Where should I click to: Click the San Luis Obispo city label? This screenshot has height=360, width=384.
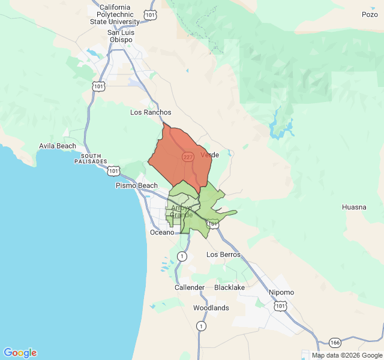coord(121,36)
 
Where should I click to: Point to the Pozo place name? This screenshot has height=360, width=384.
coord(370,14)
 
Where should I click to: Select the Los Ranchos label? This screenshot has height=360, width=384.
coord(151,112)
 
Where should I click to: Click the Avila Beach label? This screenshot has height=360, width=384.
coord(58,146)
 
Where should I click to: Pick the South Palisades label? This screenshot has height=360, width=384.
coord(91,159)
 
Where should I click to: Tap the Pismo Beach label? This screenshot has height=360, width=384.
coord(136,185)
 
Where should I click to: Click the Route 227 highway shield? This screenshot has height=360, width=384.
coord(188,157)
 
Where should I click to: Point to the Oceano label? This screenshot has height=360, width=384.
coord(161,232)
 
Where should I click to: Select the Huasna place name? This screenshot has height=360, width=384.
coord(353,207)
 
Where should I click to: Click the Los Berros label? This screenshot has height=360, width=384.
coord(223,254)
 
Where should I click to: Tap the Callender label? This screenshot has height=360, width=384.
coord(190,287)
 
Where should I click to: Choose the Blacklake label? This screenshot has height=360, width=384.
coord(229,287)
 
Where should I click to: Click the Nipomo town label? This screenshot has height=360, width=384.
coord(281,292)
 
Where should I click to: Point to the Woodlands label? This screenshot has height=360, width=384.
coord(211,308)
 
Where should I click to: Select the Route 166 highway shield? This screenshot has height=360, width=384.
coord(334,342)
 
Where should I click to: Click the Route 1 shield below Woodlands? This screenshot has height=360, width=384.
coord(201,326)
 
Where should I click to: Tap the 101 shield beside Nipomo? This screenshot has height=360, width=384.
coord(280,306)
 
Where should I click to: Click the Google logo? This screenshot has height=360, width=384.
coord(20,353)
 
